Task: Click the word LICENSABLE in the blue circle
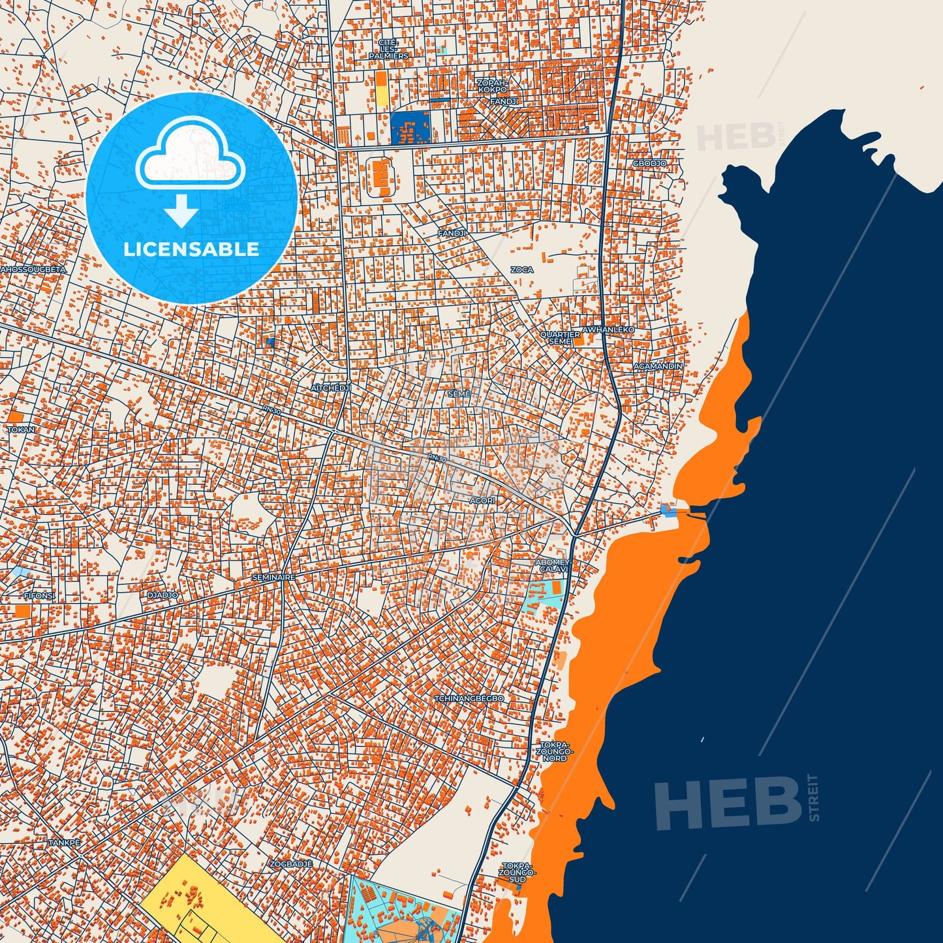tap(191, 249)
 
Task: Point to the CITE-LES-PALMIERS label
tap(388, 50)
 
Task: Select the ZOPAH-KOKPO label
tap(492, 85)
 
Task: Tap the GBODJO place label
tap(649, 163)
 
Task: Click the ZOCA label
tap(521, 270)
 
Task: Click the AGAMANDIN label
tap(658, 367)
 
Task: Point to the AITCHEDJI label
tap(331, 388)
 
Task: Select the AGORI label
tap(482, 501)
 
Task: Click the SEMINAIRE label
tap(274, 578)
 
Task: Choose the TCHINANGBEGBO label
tap(469, 698)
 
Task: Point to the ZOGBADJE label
tap(291, 863)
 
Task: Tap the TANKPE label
tap(65, 843)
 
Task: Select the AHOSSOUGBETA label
tap(33, 269)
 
